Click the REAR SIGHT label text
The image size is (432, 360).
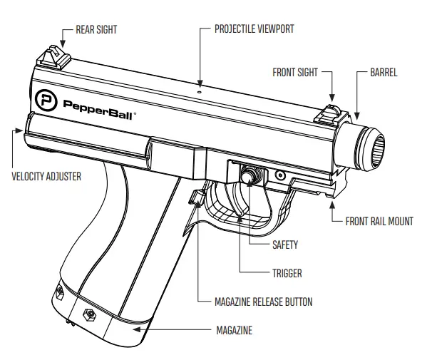(96, 30)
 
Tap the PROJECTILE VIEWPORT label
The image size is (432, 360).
(254, 29)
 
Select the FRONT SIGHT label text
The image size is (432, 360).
(294, 72)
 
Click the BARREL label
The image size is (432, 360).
(384, 72)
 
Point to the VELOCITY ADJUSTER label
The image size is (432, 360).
(46, 175)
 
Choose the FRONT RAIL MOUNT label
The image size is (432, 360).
(379, 221)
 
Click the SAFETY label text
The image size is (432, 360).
(285, 245)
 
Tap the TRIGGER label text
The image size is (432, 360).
(287, 273)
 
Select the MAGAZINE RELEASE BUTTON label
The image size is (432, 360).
(263, 302)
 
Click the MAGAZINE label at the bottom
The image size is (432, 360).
(234, 331)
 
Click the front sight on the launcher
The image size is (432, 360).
(331, 112)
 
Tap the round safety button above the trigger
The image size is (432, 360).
(250, 173)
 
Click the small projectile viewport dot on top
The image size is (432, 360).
(200, 90)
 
